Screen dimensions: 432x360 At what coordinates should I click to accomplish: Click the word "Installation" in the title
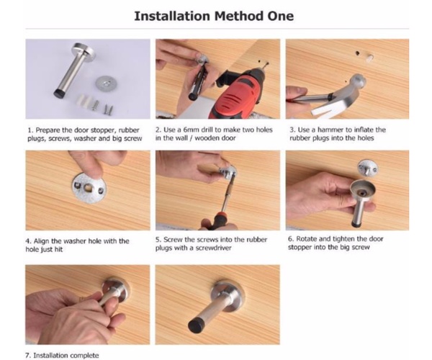[172, 16]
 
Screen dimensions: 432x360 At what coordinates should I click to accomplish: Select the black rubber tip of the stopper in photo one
[59, 94]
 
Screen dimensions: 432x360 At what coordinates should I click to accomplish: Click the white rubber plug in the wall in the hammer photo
[369, 58]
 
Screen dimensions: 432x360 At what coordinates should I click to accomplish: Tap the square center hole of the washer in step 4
[89, 189]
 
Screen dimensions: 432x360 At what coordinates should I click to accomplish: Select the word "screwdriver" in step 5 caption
[214, 248]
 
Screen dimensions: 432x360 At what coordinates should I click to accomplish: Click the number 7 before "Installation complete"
[27, 355]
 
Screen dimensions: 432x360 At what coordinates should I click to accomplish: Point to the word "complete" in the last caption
[84, 356]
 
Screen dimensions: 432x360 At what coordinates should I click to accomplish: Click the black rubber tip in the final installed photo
[196, 325]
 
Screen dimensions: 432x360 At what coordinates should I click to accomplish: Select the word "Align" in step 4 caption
[42, 241]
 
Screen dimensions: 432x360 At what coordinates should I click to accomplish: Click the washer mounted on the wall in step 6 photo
[367, 168]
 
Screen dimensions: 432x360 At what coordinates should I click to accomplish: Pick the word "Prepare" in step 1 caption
[48, 130]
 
